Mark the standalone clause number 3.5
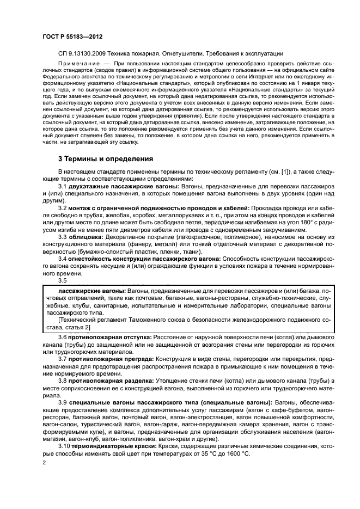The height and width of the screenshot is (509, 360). point(63,280)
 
